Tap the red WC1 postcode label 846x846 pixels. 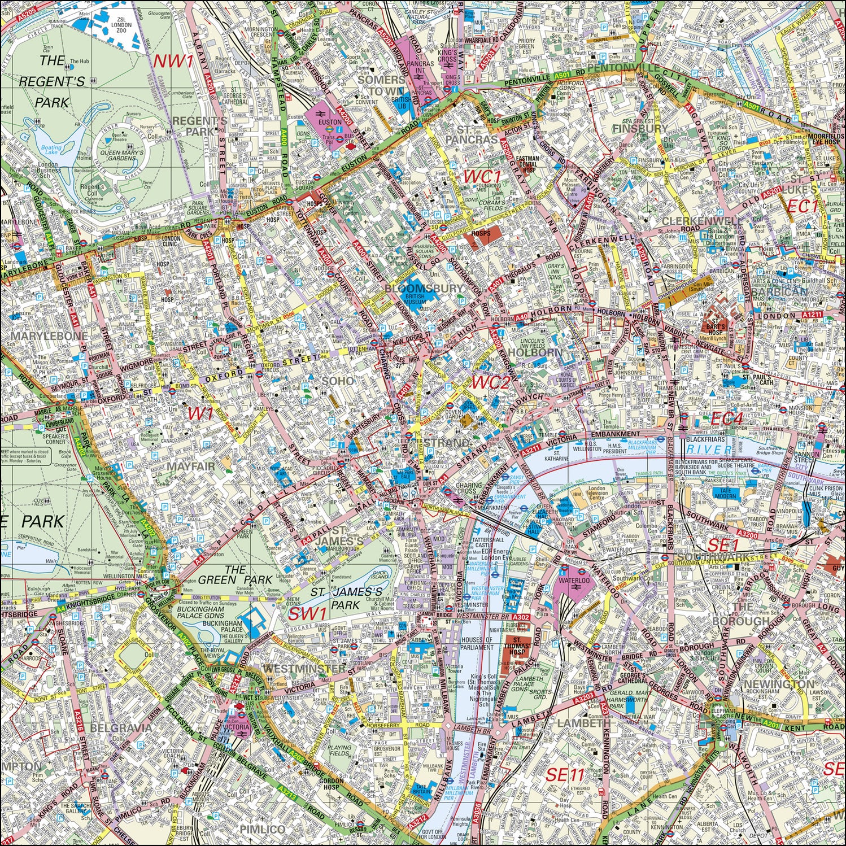pyautogui.click(x=482, y=177)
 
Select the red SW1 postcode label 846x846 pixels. pyautogui.click(x=308, y=614)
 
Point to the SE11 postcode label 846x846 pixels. pyautogui.click(x=564, y=775)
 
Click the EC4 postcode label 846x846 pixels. pyautogui.click(x=726, y=418)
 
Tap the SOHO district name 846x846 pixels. pyautogui.click(x=338, y=381)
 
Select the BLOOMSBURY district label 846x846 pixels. pyautogui.click(x=424, y=288)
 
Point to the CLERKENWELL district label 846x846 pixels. pyautogui.click(x=700, y=221)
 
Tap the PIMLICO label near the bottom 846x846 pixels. pyautogui.click(x=263, y=829)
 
